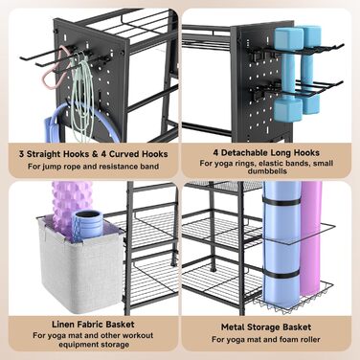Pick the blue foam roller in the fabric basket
pos(88,223)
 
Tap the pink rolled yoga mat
pos(310,239)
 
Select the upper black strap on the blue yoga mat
pos(281,202)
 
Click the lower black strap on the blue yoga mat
pos(281,275)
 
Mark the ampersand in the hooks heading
pos(95,154)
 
